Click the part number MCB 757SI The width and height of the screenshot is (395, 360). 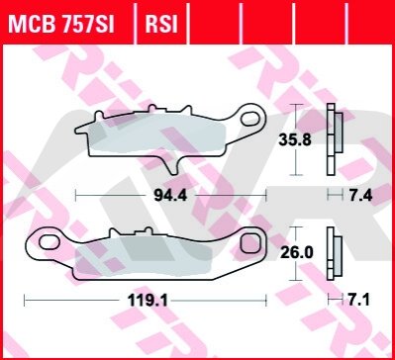tap(61, 25)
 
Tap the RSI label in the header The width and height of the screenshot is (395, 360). tap(161, 25)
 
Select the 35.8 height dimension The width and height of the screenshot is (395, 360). tap(295, 140)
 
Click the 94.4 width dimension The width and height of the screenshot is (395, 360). tap(170, 196)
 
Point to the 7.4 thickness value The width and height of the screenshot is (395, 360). tap(360, 196)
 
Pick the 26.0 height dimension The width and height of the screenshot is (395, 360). tap(295, 253)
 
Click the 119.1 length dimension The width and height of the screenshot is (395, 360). tap(148, 301)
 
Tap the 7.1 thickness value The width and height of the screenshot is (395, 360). tap(359, 301)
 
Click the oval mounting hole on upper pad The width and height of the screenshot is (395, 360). tap(249, 119)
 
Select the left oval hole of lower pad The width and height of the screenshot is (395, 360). tap(49, 242)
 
